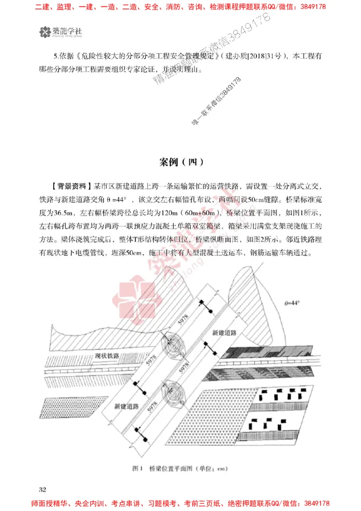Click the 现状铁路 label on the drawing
click(x=106, y=356)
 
